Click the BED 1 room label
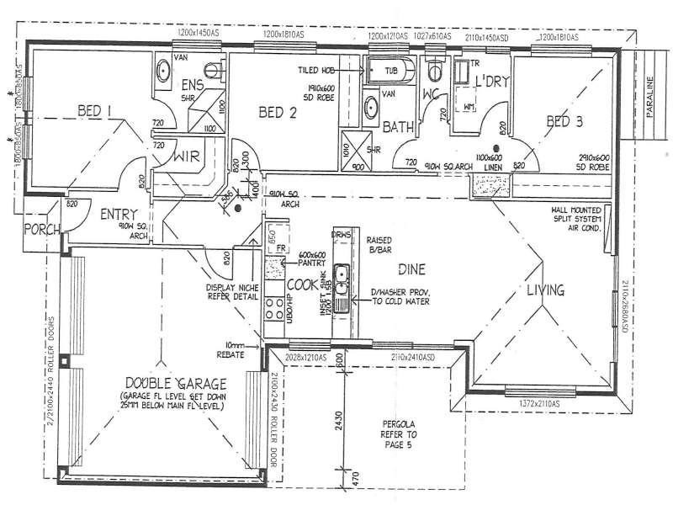coord(95,110)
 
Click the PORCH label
coord(40,229)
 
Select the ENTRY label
coord(118,215)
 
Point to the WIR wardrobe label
coord(186,157)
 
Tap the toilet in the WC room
coord(434,68)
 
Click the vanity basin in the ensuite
coord(162,72)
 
